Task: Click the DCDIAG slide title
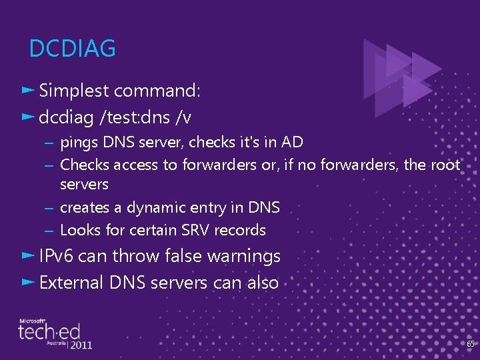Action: click(73, 49)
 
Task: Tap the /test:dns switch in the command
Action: click(134, 118)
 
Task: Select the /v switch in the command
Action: click(183, 118)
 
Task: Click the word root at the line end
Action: click(444, 165)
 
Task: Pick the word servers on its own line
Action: click(84, 184)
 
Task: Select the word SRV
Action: click(198, 231)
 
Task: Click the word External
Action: click(71, 283)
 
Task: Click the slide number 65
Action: click(470, 344)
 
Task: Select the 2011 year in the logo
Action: click(80, 345)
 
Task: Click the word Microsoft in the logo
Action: click(32, 321)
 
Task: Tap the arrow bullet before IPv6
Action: click(27, 256)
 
